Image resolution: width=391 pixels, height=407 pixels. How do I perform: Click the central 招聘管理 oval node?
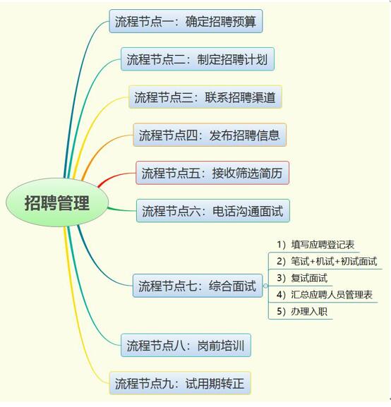57,202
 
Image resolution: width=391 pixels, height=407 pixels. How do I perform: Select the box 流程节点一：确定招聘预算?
186,21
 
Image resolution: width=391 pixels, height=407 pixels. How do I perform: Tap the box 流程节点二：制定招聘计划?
198,59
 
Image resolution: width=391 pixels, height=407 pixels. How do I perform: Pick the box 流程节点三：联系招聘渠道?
205,97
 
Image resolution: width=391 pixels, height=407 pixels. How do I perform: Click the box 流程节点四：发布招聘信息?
210,135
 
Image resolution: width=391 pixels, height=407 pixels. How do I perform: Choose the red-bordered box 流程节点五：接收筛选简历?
212,173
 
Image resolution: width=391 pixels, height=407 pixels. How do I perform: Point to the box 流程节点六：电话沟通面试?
213,211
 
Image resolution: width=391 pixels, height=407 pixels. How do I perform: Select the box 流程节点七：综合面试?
198,286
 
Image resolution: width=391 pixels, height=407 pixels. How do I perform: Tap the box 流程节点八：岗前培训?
186,345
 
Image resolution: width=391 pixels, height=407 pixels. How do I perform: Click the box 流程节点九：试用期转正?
180,383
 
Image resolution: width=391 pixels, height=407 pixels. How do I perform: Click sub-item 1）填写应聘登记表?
315,245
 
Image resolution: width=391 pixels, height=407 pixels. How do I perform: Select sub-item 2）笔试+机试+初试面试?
327,261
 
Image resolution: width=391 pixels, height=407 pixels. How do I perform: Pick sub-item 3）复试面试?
302,278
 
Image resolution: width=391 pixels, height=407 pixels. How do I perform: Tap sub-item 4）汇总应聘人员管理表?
325,295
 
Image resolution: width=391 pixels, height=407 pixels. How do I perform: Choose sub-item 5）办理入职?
302,311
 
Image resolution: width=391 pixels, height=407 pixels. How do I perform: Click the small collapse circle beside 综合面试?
265,286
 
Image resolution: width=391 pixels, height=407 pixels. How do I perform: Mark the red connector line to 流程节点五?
114,177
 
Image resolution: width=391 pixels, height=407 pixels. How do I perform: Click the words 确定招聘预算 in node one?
221,21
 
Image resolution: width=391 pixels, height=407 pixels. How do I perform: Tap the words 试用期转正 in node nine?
215,384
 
